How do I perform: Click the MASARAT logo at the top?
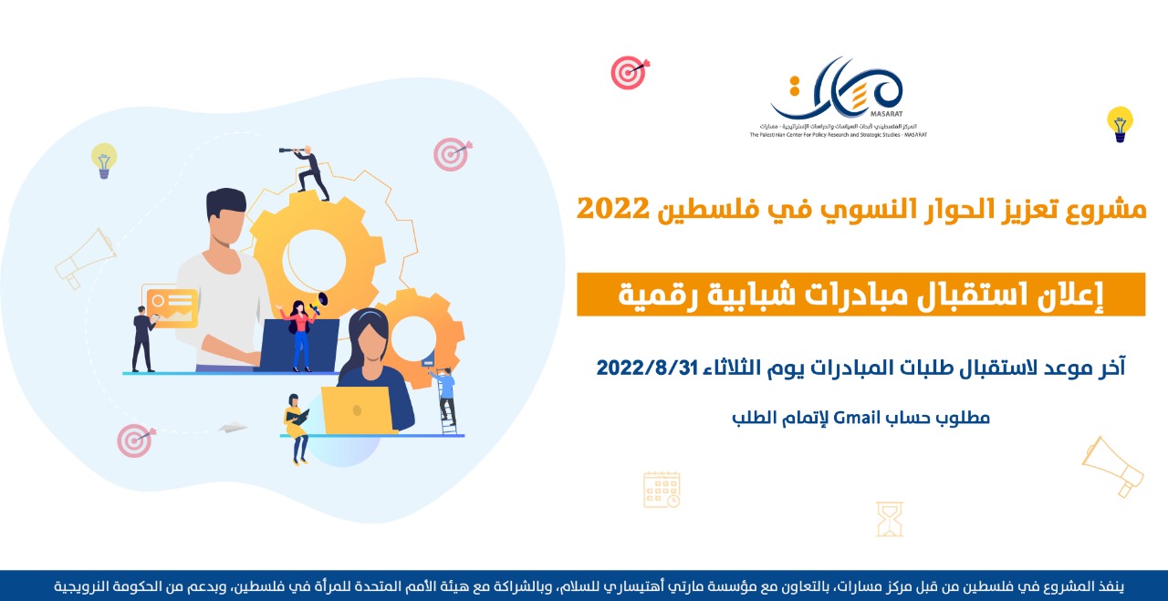[838, 96]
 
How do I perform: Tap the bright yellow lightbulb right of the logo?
[1120, 122]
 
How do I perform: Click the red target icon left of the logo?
[629, 72]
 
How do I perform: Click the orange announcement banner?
[860, 294]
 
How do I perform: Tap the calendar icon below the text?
[662, 490]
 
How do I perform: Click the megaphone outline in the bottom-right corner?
[1114, 466]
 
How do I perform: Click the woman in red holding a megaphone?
[300, 334]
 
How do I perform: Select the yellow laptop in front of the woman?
[355, 409]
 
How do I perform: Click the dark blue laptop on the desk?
[296, 345]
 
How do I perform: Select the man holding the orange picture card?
[142, 337]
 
